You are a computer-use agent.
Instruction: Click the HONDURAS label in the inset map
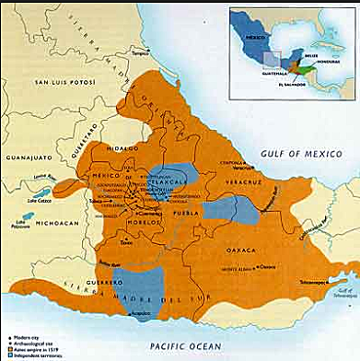(x=318, y=62)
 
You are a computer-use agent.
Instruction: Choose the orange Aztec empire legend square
(x=6, y=346)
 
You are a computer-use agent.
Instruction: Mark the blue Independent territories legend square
(x=6, y=354)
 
